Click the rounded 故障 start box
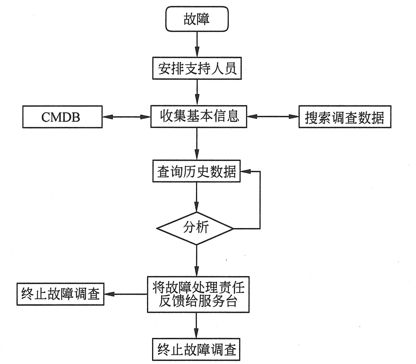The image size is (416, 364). pos(197,19)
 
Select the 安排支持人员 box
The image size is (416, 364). pos(197,68)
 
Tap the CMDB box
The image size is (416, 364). pos(62,117)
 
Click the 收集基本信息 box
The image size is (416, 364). pos(199,117)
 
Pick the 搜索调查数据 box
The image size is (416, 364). pos(345,117)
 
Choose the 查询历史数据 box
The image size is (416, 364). pos(196,171)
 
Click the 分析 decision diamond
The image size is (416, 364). pos(195,228)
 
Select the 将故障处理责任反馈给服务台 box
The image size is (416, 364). pos(198,294)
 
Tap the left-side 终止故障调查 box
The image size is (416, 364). pos(60,294)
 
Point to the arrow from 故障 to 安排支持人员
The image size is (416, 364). pos(197,44)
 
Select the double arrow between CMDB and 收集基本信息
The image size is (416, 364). pos(126,117)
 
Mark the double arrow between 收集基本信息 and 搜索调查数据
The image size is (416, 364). pos(273,116)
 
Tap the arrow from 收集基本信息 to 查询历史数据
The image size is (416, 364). pos(197,143)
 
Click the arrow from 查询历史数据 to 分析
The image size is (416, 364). pos(197,196)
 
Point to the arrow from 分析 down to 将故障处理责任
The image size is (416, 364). pos(197,260)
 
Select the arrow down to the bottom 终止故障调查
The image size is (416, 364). pos(196,325)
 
